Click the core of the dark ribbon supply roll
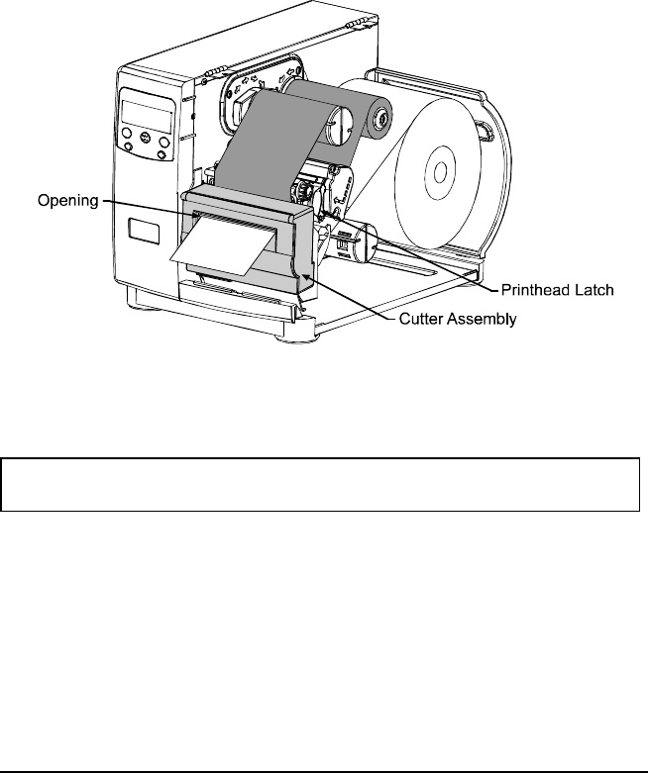tap(381, 124)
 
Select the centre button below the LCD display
tap(146, 139)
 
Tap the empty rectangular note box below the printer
tap(323, 483)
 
